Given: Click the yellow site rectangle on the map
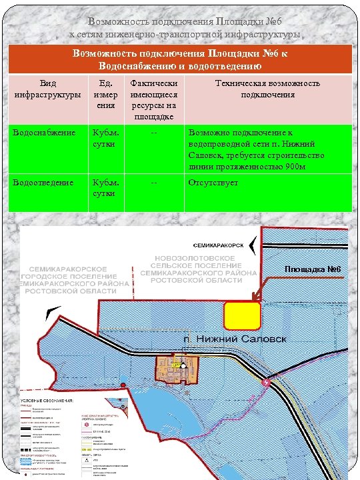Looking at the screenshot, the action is tap(241, 315).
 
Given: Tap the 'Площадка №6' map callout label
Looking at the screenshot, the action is tap(313, 269).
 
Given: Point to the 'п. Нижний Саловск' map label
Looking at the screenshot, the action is tap(235, 339).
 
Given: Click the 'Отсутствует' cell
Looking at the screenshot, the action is tap(213, 182).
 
